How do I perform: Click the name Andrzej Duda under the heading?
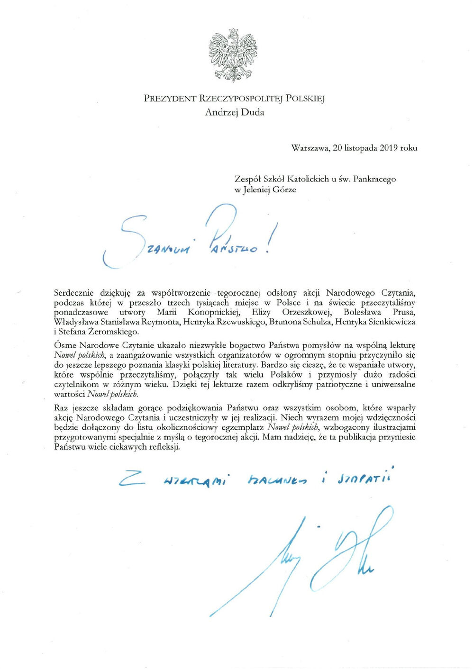click(235, 112)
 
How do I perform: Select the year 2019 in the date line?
click(388, 148)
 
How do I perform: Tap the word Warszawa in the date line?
click(310, 148)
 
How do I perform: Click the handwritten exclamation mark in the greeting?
click(272, 237)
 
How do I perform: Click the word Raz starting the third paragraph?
click(61, 407)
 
